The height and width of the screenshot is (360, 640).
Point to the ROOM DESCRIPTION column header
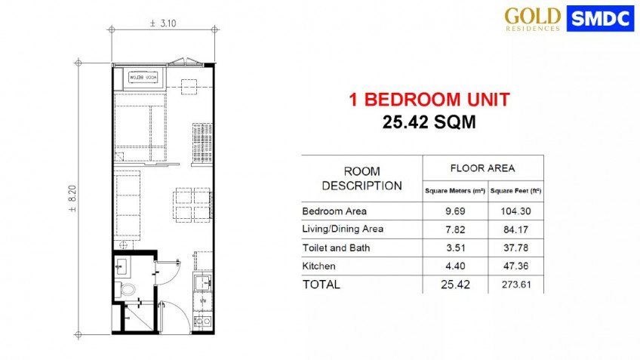[362, 178]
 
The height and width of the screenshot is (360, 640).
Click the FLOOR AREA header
[482, 168]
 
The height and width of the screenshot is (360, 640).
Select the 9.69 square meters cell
[454, 211]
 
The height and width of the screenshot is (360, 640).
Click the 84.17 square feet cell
[515, 229]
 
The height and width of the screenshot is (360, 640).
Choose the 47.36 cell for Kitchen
[515, 266]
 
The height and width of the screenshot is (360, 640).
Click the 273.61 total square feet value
[515, 285]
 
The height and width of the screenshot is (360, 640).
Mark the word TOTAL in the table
[322, 285]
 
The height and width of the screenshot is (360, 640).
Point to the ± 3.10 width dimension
[163, 24]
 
